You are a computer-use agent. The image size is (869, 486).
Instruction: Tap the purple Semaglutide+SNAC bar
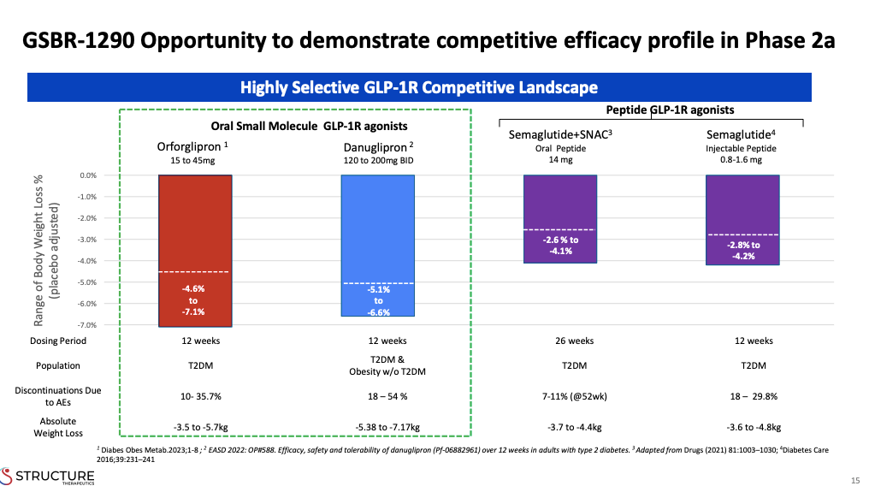(x=559, y=201)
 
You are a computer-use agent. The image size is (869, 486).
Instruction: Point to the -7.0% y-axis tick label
(x=87, y=325)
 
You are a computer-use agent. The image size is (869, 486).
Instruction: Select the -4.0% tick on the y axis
(x=87, y=261)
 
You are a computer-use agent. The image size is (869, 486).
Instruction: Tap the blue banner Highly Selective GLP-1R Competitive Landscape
(x=418, y=87)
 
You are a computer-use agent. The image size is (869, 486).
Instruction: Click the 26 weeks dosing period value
(x=559, y=341)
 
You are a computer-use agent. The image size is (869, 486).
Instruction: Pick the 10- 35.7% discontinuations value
(x=194, y=397)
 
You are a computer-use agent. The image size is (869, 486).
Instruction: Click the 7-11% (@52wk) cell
(x=559, y=397)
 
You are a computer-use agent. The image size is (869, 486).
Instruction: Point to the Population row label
(x=58, y=365)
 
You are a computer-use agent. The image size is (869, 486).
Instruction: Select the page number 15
(x=854, y=478)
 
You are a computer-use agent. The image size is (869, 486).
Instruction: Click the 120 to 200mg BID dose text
(x=377, y=160)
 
